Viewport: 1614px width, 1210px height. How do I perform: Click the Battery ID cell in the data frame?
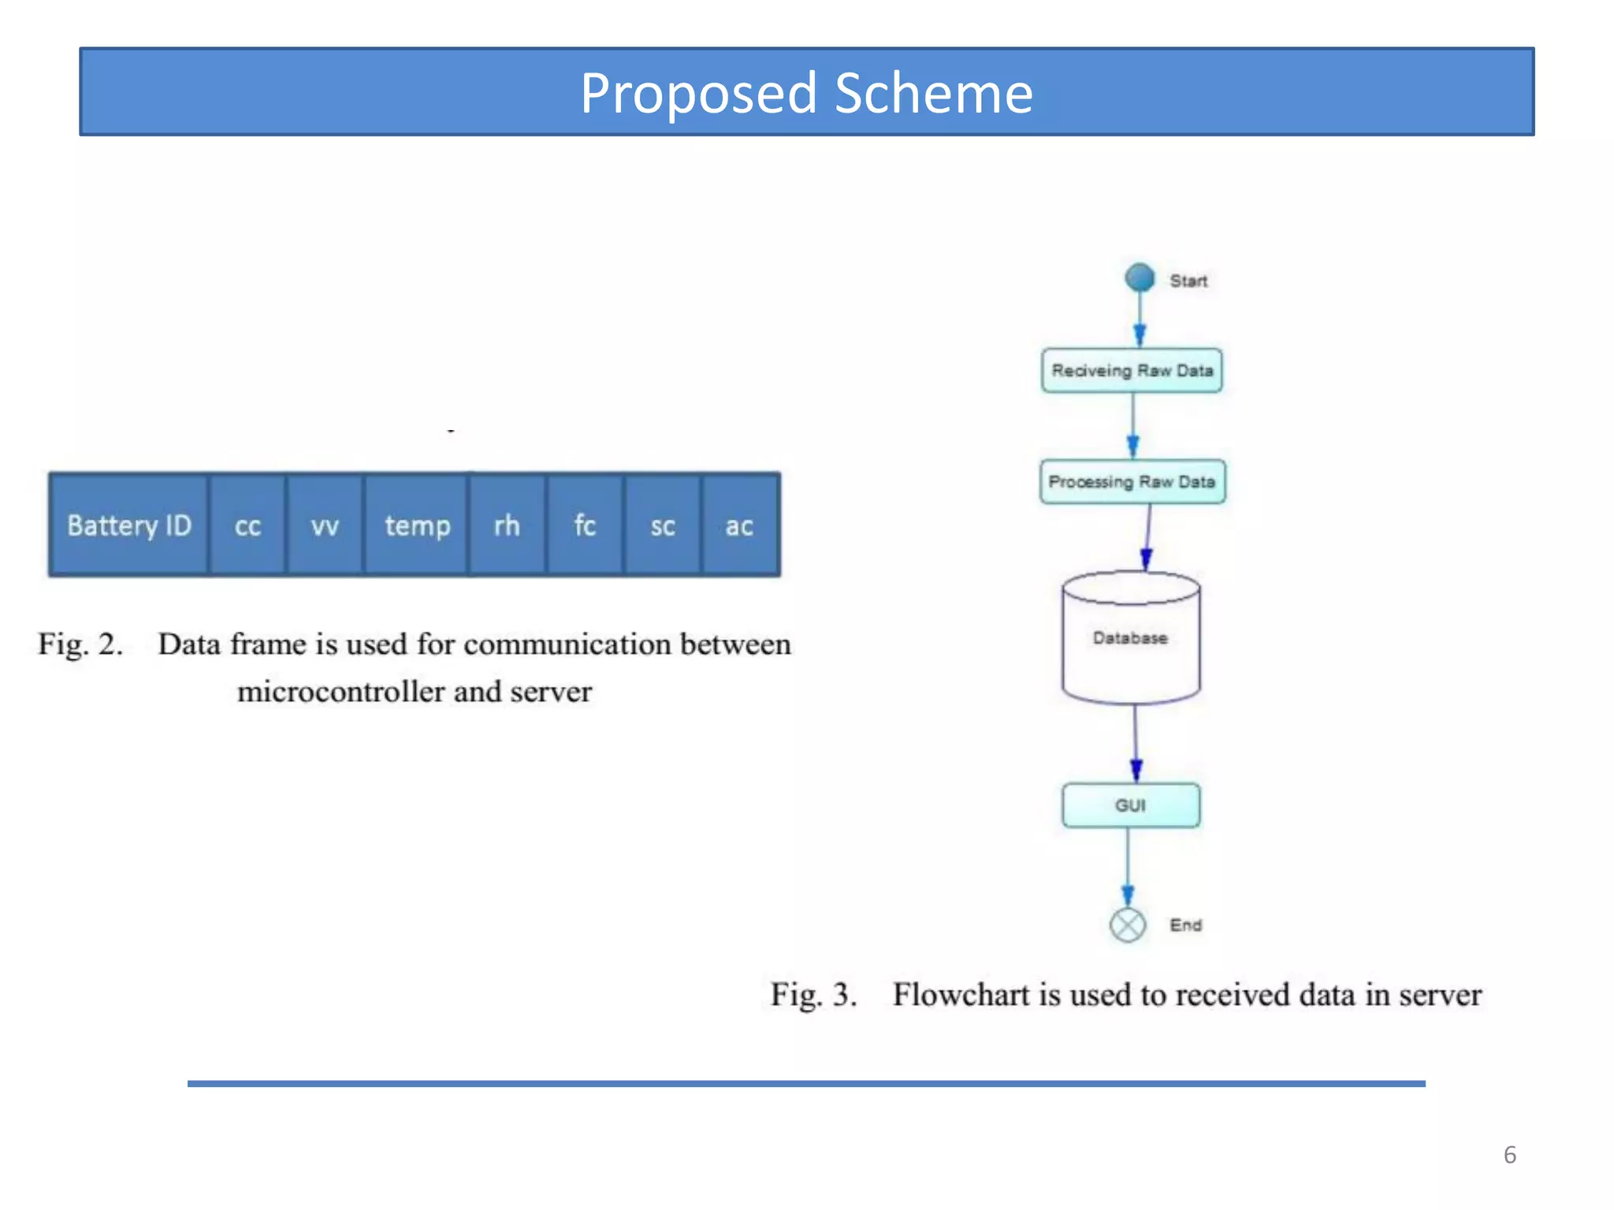click(129, 525)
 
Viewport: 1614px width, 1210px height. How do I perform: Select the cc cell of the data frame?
click(247, 525)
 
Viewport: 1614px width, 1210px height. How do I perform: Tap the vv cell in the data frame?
click(325, 525)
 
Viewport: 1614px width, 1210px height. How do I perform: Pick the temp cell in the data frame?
click(417, 525)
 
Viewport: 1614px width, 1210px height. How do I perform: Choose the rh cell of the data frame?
click(507, 525)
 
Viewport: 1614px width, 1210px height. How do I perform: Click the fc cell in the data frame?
click(585, 525)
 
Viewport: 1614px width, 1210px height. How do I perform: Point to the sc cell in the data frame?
click(663, 525)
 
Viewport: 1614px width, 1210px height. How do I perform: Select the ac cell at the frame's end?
click(739, 525)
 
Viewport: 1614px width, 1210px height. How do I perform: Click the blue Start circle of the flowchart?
click(1140, 277)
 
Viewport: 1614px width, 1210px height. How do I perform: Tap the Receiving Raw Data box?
click(1132, 370)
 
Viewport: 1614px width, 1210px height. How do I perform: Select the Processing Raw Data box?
click(1132, 481)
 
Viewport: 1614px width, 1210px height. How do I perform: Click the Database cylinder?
click(1131, 638)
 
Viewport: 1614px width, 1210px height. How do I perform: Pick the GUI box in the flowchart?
click(1131, 805)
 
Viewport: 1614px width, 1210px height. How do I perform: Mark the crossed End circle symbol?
click(1128, 925)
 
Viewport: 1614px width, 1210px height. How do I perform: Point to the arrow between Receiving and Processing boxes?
click(1133, 425)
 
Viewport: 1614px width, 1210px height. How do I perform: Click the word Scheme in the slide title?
click(933, 93)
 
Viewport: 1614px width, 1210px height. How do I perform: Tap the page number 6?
click(1509, 1155)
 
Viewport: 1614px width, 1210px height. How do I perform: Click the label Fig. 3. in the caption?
click(813, 995)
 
